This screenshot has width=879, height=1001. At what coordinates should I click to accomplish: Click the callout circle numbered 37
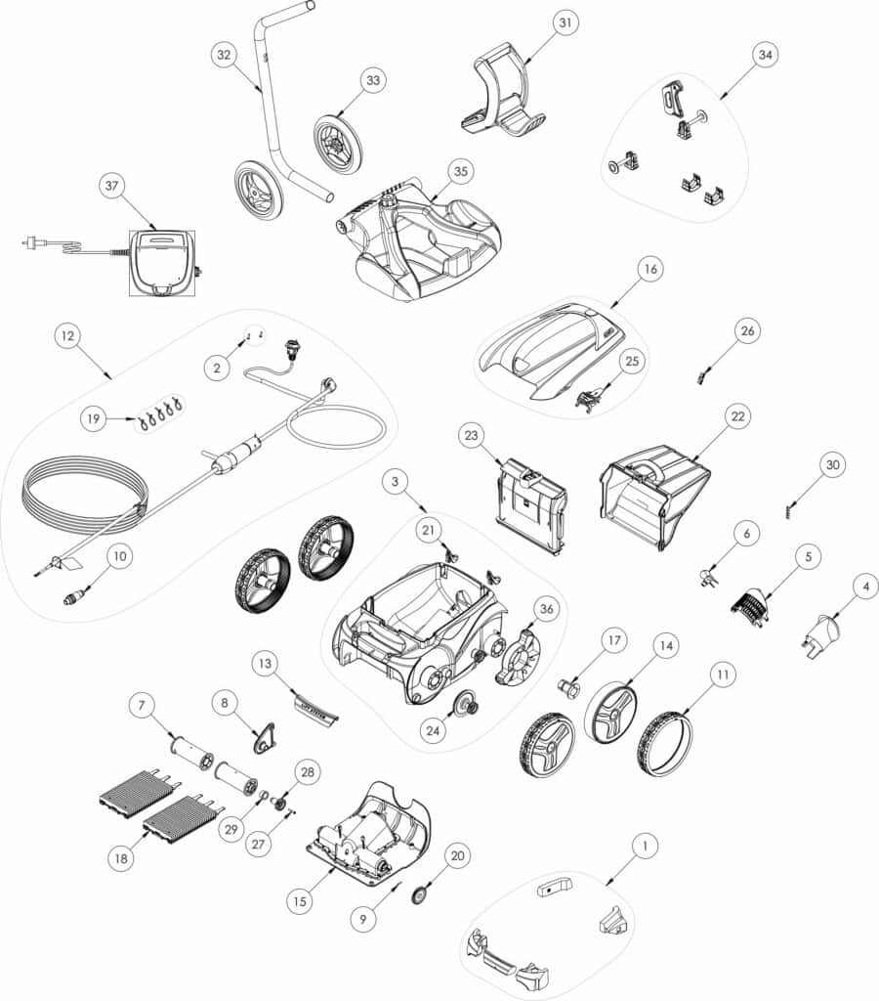click(112, 186)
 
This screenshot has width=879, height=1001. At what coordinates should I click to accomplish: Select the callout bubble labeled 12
click(68, 336)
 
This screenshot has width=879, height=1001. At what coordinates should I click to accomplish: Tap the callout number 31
click(565, 23)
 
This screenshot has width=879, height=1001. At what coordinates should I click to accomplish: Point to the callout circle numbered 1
click(645, 847)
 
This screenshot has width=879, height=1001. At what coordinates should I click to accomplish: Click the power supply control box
click(162, 262)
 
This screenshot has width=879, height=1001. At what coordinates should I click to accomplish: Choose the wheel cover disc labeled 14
click(611, 715)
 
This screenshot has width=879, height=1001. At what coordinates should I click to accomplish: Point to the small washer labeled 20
click(418, 895)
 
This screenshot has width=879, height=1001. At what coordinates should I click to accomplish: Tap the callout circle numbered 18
click(120, 859)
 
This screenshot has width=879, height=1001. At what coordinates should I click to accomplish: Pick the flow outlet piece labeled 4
click(821, 634)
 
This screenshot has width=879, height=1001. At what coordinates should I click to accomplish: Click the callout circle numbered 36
click(546, 609)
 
